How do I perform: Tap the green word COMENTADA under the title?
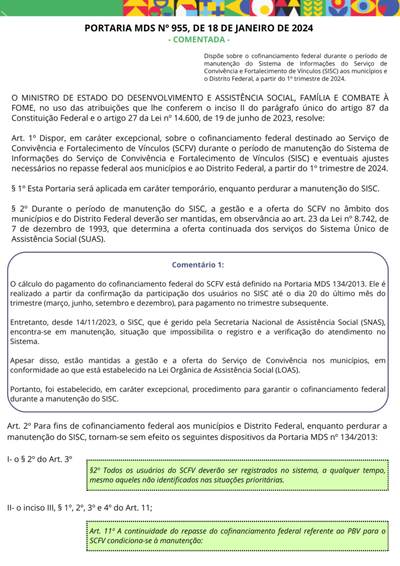[199, 40]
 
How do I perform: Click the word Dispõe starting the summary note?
[215, 56]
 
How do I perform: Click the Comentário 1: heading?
[198, 265]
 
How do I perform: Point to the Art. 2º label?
[18, 426]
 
